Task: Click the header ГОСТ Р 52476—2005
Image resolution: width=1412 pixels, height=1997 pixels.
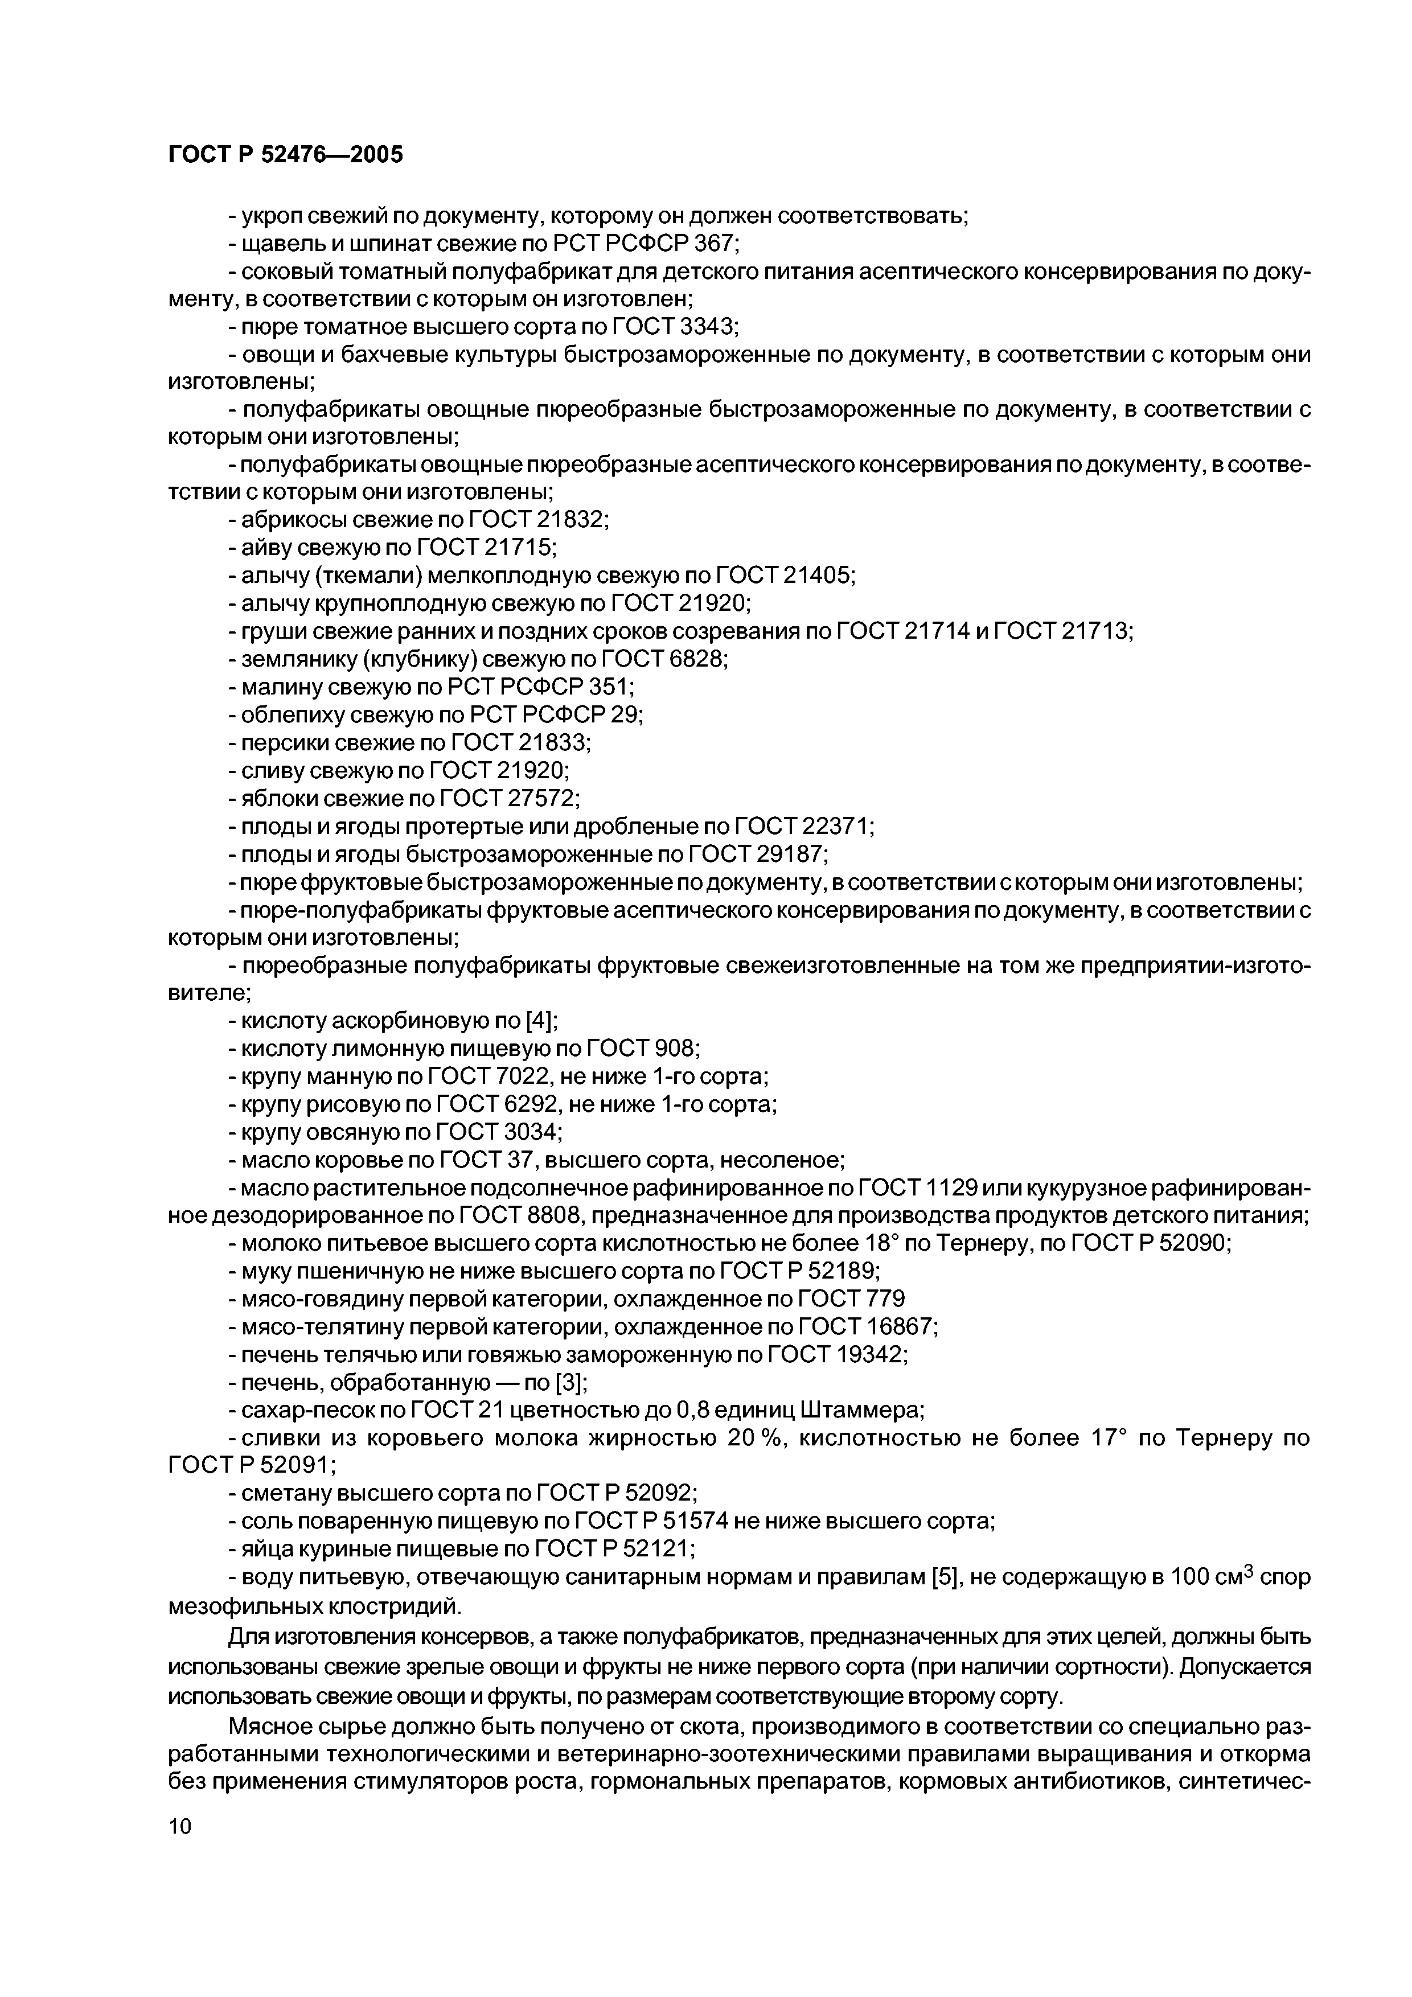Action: (x=285, y=155)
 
